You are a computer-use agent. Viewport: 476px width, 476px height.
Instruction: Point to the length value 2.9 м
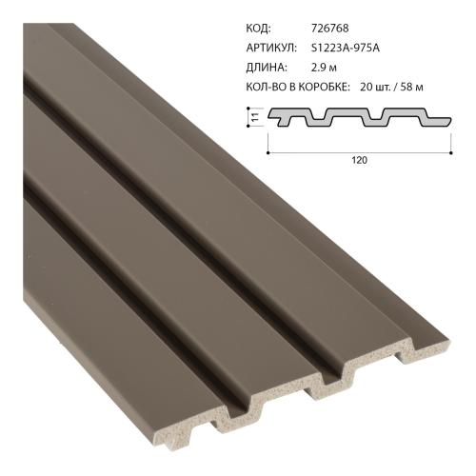(x=327, y=68)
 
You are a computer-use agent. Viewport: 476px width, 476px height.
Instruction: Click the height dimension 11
(x=255, y=118)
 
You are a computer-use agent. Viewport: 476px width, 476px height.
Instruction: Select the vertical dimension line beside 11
(x=262, y=118)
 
